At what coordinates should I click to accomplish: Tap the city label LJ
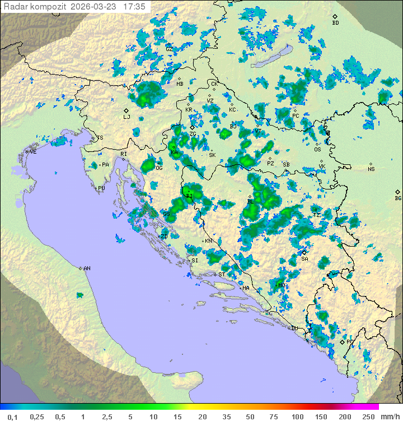[x=126, y=117]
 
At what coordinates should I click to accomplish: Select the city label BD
[x=335, y=23]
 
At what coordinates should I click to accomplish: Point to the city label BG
[x=398, y=198]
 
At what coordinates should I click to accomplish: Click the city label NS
[x=371, y=169]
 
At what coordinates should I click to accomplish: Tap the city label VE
[x=33, y=152]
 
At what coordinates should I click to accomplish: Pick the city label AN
[x=87, y=269]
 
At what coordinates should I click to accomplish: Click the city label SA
[x=304, y=258]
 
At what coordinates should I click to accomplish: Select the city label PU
[x=101, y=188]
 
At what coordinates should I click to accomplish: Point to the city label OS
[x=317, y=149]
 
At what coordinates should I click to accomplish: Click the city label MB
[x=180, y=84]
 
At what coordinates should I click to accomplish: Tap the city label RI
[x=124, y=154]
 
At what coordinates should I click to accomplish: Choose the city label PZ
[x=270, y=164]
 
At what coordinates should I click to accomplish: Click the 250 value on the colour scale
[x=368, y=417]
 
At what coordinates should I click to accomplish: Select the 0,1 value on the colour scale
[x=13, y=417]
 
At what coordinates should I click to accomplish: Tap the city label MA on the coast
[x=246, y=288]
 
